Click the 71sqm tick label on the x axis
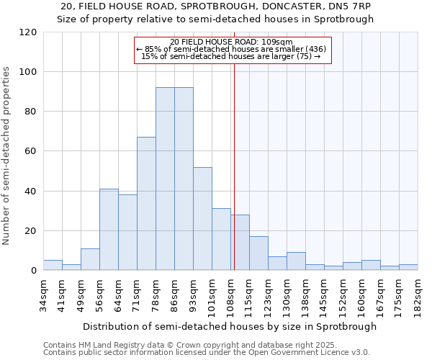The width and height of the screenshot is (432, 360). coord(137,295)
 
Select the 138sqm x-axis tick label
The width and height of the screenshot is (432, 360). coord(305,295)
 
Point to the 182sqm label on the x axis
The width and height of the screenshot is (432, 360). coord(418,295)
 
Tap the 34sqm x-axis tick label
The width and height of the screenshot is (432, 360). coord(43,295)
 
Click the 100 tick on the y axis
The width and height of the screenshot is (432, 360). coord(28,72)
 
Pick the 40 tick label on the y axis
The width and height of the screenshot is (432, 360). coord(31,192)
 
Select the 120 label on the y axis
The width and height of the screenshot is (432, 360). coord(28,32)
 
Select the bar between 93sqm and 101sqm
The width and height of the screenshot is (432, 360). coord(202,219)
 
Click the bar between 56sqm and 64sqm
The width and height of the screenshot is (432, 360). coord(109,230)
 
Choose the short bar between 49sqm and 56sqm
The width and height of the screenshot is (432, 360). coord(90,260)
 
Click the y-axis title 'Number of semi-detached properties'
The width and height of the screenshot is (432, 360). coord(7,156)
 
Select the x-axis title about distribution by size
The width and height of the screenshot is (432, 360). coord(230,326)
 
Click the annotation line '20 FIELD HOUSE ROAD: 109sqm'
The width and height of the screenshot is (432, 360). coord(232,42)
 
